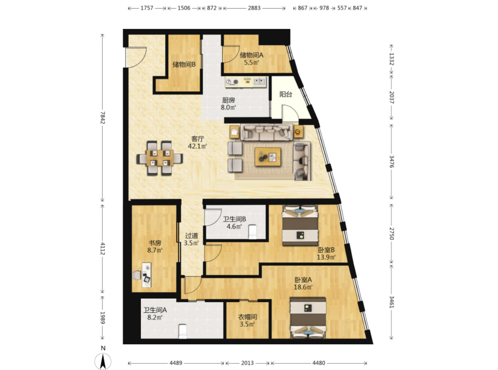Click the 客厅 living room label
point(198,139)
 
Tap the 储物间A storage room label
point(252,55)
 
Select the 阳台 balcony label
point(286,95)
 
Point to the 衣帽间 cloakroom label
point(248,317)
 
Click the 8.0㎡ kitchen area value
point(228,107)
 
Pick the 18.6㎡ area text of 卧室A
point(303,287)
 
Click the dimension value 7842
point(102,117)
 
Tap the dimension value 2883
point(254,8)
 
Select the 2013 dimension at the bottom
point(248,363)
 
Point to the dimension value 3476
point(391,162)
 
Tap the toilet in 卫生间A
point(183,331)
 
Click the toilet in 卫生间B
point(252,232)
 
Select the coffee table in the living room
point(268,157)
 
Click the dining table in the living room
point(160,158)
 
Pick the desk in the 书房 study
point(146,275)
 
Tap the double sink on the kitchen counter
point(259,81)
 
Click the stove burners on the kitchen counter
point(232,82)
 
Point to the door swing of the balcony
point(290,113)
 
